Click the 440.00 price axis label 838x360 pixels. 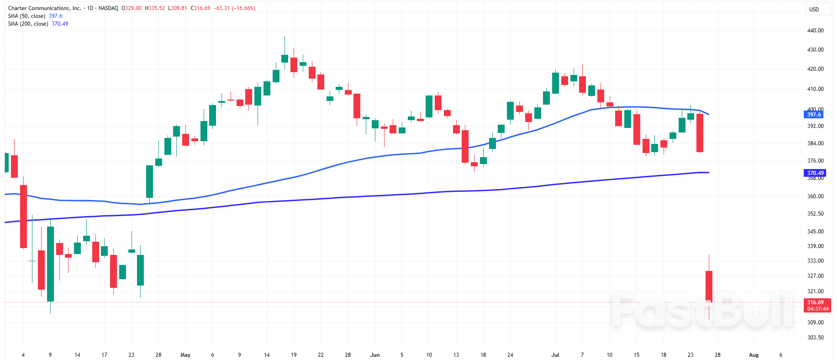tap(815, 31)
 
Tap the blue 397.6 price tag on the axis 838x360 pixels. tap(814, 115)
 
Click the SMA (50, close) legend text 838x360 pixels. tap(26, 16)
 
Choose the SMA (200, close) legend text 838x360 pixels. tap(28, 24)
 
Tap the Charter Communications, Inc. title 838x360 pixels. tap(45, 8)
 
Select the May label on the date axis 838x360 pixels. tap(185, 355)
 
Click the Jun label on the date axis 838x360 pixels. tap(375, 355)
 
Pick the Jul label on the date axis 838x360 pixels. tap(555, 355)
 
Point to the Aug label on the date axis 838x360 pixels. tap(754, 355)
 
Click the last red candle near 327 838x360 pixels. tap(709, 286)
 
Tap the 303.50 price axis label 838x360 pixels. tap(815, 338)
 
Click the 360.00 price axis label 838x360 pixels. tap(815, 196)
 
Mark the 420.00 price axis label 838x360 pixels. tap(815, 69)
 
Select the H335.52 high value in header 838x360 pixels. tap(155, 8)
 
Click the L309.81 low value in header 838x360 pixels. tap(178, 8)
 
